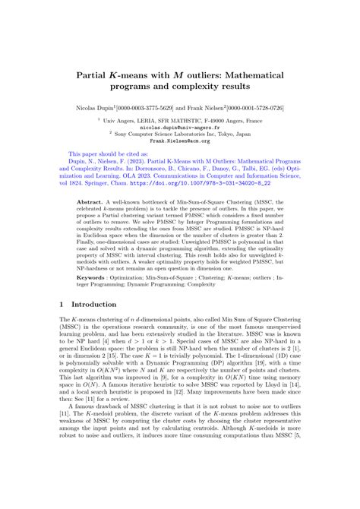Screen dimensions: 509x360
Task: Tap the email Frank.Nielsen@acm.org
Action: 179,141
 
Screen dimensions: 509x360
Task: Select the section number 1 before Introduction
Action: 62,304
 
